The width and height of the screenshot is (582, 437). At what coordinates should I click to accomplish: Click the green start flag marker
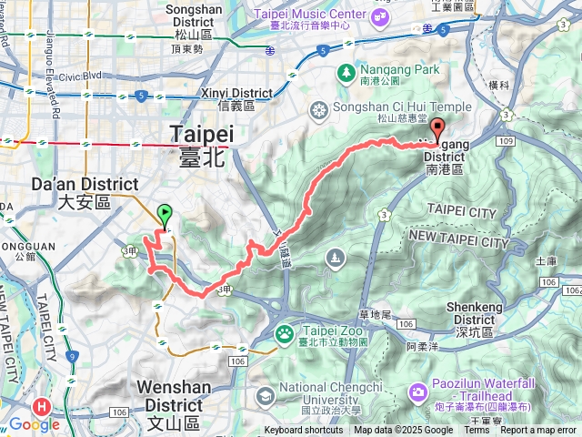(x=165, y=215)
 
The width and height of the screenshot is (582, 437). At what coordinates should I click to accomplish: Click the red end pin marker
(x=437, y=129)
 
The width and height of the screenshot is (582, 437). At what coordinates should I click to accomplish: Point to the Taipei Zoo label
(x=318, y=336)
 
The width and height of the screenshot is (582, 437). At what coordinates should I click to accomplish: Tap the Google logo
(x=35, y=424)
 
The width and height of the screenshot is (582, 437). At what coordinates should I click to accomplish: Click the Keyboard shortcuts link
(x=304, y=431)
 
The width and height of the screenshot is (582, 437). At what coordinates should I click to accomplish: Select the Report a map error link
(x=539, y=431)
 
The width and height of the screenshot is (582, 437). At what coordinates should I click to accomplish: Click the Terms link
(x=477, y=431)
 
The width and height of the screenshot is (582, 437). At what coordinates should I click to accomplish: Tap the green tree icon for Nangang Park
(x=346, y=71)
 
